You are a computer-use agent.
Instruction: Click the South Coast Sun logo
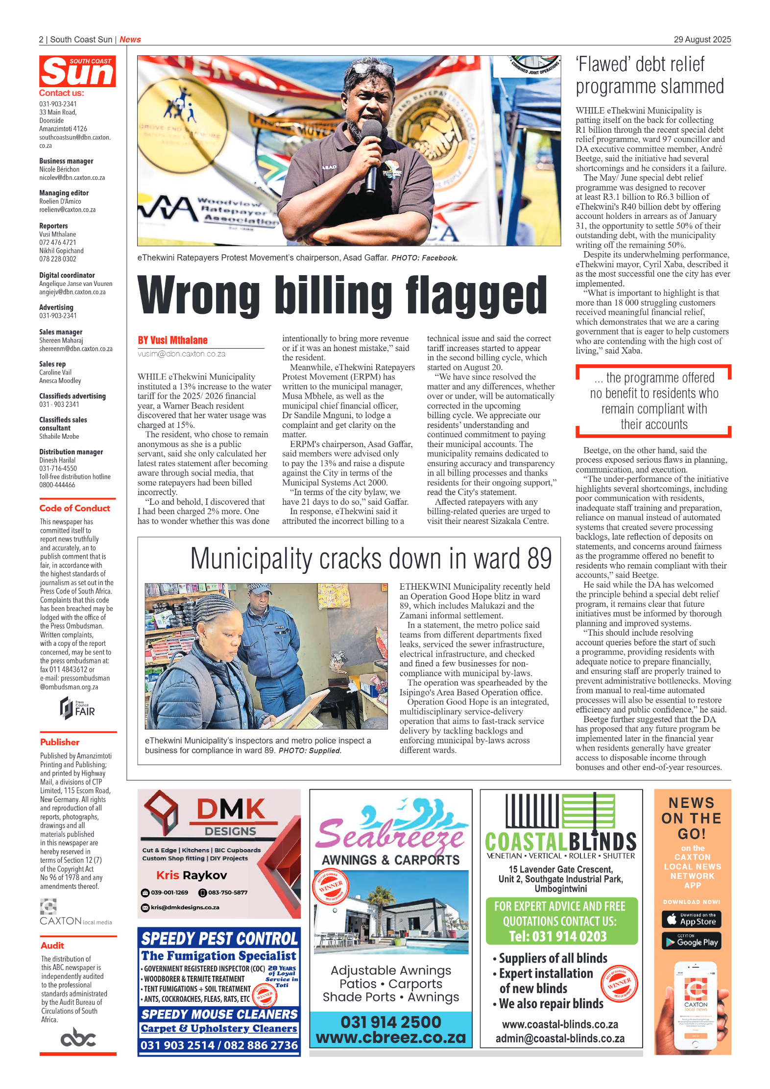pyautogui.click(x=77, y=71)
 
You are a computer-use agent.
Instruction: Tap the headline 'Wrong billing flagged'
pyautogui.click(x=342, y=295)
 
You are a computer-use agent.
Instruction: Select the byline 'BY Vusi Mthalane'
pyautogui.click(x=172, y=340)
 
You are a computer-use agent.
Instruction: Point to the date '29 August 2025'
pyautogui.click(x=702, y=40)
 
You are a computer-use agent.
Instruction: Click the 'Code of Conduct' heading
pyautogui.click(x=75, y=508)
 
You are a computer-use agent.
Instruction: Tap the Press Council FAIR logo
pyautogui.click(x=77, y=708)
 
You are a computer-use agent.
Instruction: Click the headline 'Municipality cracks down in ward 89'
pyautogui.click(x=371, y=559)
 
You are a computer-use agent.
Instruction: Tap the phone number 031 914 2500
pyautogui.click(x=391, y=1022)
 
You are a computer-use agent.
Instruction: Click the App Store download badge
pyautogui.click(x=692, y=920)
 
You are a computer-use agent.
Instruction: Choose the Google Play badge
pyautogui.click(x=692, y=942)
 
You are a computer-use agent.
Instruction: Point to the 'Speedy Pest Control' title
pyautogui.click(x=219, y=939)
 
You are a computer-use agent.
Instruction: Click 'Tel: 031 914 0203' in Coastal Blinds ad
pyautogui.click(x=558, y=936)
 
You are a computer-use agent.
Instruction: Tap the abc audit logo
pyautogui.click(x=78, y=1038)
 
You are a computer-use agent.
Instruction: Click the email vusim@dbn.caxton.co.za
pyautogui.click(x=182, y=354)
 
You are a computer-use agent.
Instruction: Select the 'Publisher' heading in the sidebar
pyautogui.click(x=60, y=742)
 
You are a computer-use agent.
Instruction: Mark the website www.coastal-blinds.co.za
pyautogui.click(x=560, y=1024)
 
